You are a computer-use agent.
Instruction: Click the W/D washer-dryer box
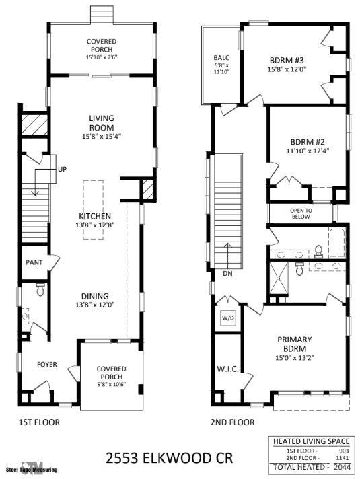pyautogui.click(x=228, y=318)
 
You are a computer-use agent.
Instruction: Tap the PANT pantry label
pyautogui.click(x=34, y=262)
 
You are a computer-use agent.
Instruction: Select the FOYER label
pyautogui.click(x=46, y=364)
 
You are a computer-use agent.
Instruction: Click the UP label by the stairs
pyautogui.click(x=62, y=169)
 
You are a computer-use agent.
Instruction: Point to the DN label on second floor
pyautogui.click(x=227, y=273)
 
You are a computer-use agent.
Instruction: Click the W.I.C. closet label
pyautogui.click(x=227, y=369)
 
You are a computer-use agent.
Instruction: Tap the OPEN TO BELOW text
pyautogui.click(x=301, y=213)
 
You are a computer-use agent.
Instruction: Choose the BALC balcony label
pyautogui.click(x=221, y=57)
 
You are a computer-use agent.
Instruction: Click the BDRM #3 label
pyautogui.click(x=287, y=60)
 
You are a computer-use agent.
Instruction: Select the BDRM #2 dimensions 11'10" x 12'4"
pyautogui.click(x=308, y=151)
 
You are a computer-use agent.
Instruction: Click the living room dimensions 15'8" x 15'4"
pyautogui.click(x=102, y=137)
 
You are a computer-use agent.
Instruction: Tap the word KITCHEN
pyautogui.click(x=95, y=216)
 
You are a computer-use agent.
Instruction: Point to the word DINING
pyautogui.click(x=95, y=296)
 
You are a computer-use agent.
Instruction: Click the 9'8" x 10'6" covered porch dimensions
pyautogui.click(x=112, y=384)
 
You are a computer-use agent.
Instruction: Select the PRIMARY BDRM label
pyautogui.click(x=295, y=344)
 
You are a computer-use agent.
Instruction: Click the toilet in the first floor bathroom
pyautogui.click(x=40, y=289)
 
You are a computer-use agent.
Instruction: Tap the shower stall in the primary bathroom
pyautogui.click(x=279, y=277)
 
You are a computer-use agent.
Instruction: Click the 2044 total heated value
pyautogui.click(x=343, y=466)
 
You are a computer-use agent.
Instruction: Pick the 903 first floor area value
pyautogui.click(x=344, y=451)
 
